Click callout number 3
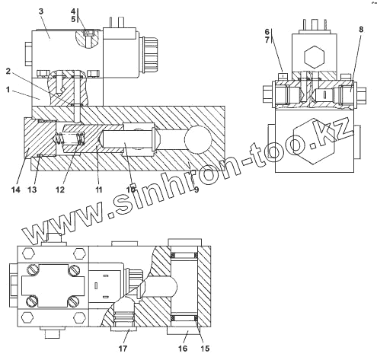pos(41,11)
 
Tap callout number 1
pos(8,90)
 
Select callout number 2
pos(8,72)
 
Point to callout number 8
pos(361,30)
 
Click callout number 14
pos(16,190)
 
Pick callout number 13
pos(32,190)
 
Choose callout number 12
pos(60,190)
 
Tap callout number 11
pos(98,190)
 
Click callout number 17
pos(123,349)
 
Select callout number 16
pos(183,349)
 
